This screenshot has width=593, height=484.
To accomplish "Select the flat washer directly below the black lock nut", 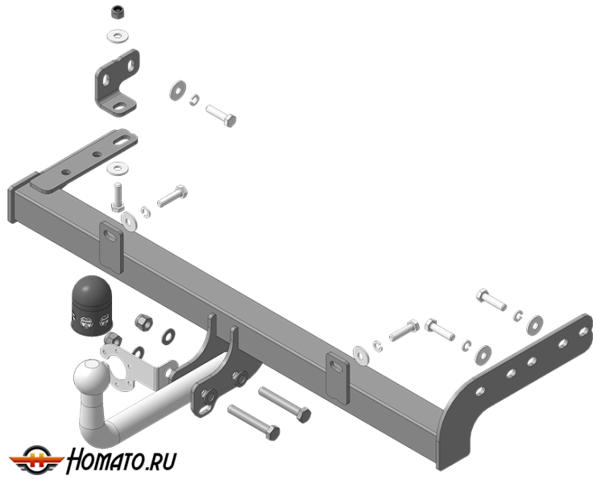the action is (x=118, y=36).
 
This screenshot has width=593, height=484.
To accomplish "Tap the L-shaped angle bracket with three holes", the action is (x=117, y=83).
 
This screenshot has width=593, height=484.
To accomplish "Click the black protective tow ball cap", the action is (x=91, y=306).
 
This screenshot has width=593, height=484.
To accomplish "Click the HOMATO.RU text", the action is (x=122, y=461).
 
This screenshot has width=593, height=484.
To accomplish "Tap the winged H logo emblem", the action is (x=36, y=460).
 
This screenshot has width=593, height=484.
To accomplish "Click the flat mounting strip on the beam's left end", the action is (x=84, y=161).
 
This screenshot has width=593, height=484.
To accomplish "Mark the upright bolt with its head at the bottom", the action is (x=118, y=197).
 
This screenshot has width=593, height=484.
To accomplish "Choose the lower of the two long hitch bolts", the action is (x=254, y=422).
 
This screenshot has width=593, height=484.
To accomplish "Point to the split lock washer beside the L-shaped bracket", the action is (x=194, y=100).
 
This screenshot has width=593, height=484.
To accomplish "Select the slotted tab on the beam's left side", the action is (x=111, y=247).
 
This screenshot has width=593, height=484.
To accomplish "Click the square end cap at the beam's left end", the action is (x=18, y=198).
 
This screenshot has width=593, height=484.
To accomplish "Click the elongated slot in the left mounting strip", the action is (x=122, y=142).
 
